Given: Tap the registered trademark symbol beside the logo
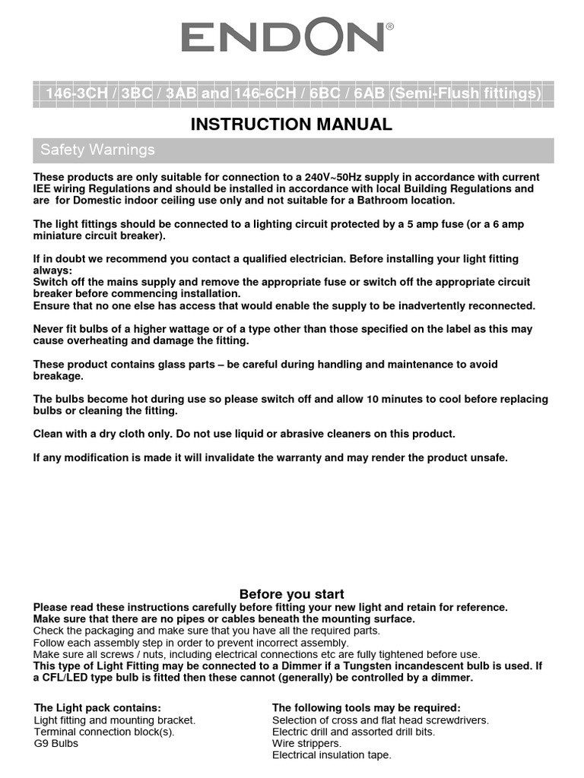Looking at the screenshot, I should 390,27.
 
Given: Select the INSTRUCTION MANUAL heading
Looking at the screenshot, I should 291,125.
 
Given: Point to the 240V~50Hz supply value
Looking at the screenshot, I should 347,177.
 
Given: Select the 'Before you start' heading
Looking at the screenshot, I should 291,594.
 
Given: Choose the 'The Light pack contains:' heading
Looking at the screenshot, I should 97,708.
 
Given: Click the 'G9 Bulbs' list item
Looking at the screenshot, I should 56,743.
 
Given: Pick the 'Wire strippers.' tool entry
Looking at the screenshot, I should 306,743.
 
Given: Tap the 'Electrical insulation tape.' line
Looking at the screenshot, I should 332,755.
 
